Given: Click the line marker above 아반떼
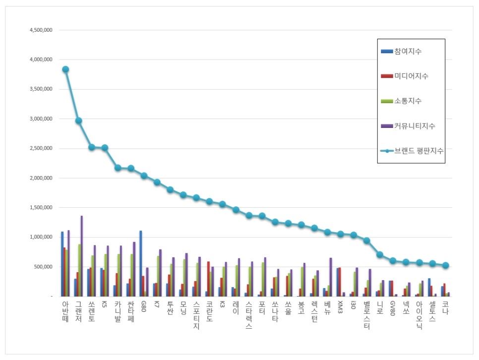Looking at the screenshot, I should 65,69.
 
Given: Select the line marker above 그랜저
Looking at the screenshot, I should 78,120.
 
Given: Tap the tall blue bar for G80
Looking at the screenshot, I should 141,263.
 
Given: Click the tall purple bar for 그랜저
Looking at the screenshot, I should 82,256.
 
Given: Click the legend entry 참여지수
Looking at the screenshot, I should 408,52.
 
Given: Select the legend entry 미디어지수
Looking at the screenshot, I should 411,76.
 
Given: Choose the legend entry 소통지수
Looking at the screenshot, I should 408,101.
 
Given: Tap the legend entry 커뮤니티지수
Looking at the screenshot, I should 414,126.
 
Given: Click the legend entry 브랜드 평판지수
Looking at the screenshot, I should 419,151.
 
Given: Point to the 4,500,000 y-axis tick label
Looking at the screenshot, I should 41,30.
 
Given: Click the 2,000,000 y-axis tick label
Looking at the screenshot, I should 41,178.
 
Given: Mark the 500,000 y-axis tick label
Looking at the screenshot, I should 45,267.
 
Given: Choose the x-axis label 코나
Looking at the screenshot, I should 445,307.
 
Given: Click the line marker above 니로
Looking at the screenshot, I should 380,255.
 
